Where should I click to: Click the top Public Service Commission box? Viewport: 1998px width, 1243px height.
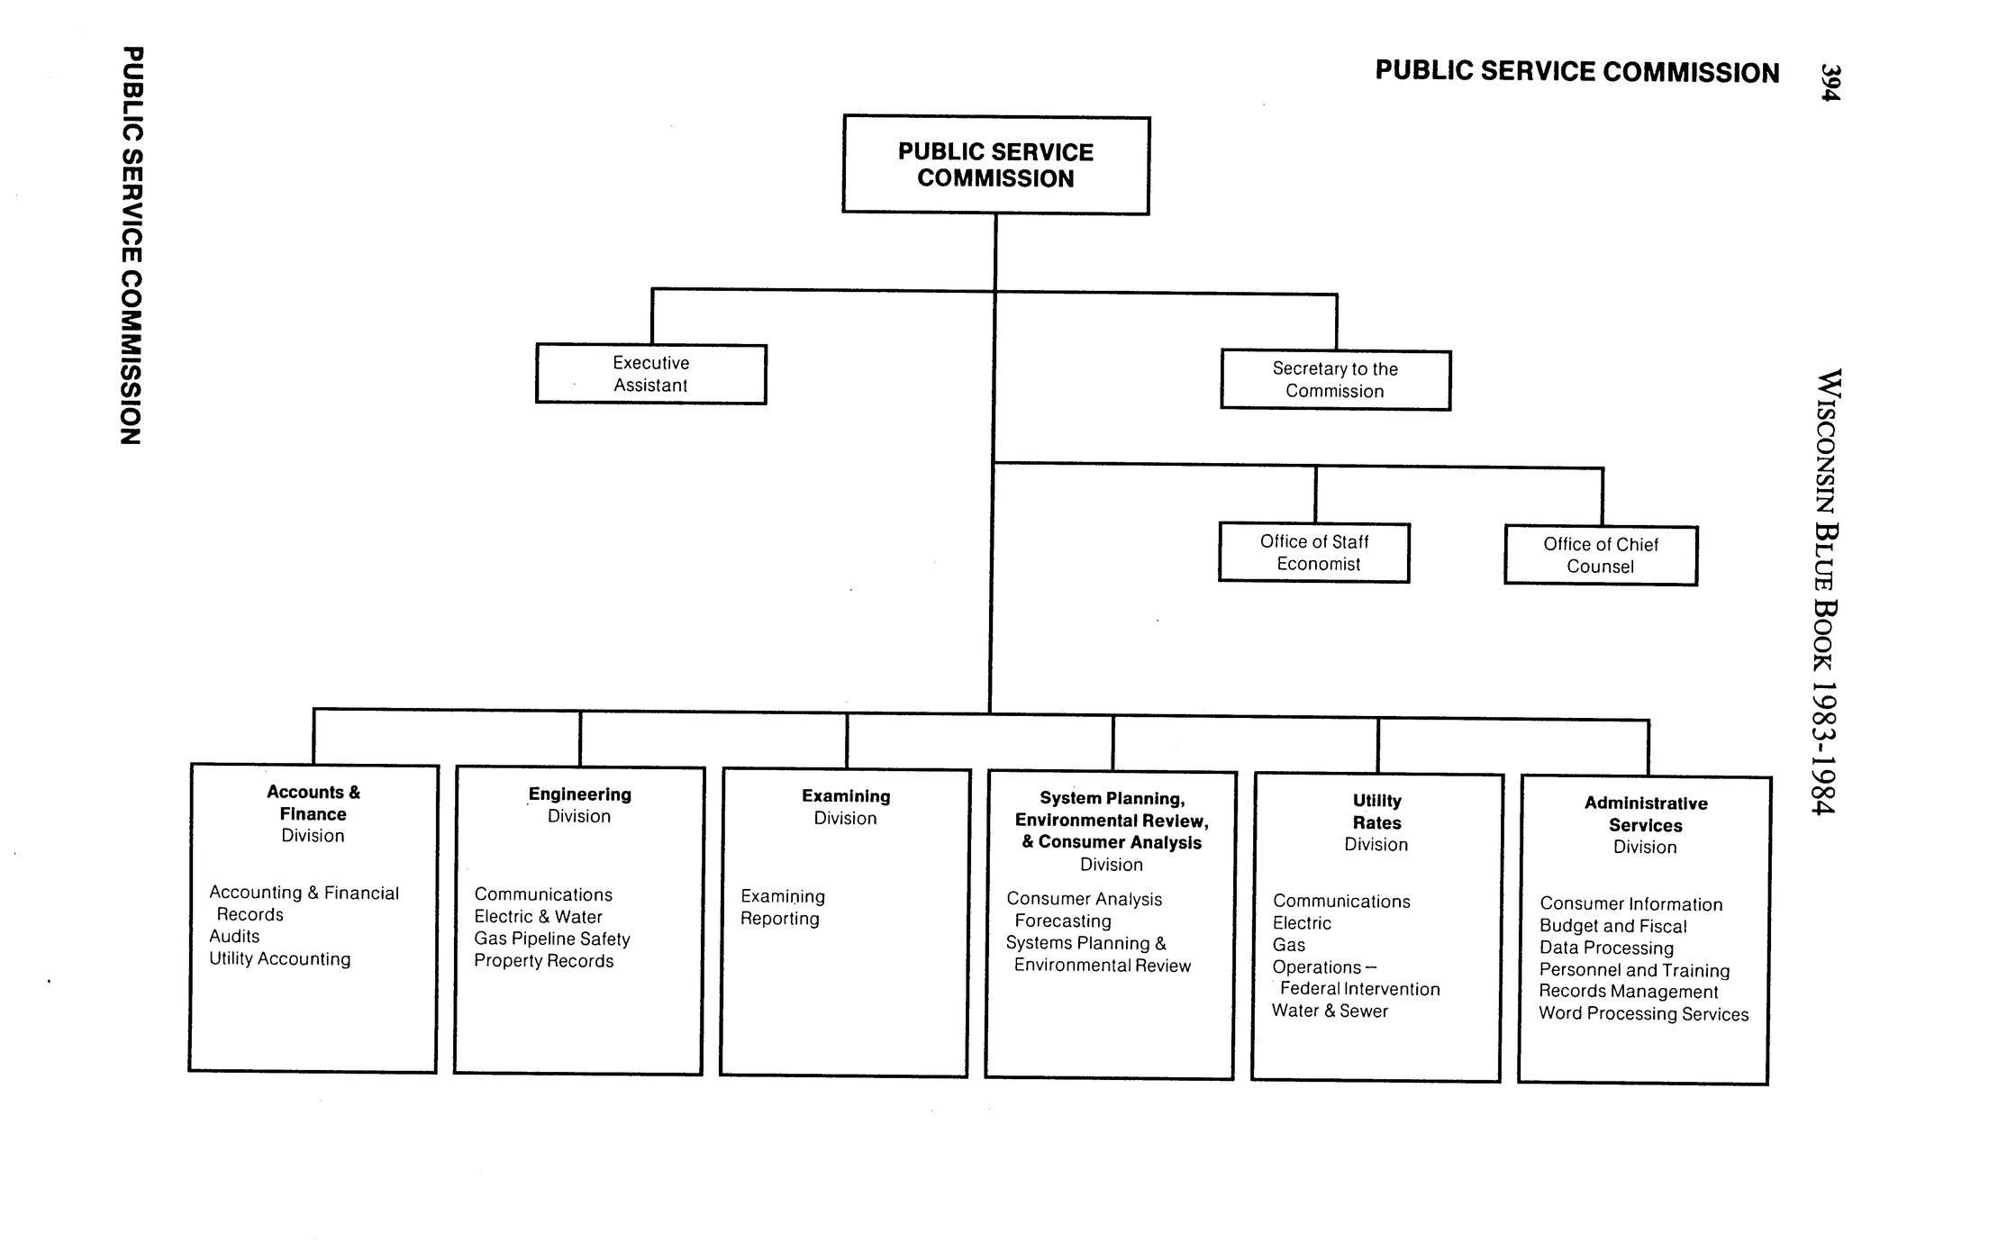995,165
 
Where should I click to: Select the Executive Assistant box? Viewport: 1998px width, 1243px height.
650,374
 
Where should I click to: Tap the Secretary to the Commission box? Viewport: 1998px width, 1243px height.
1335,380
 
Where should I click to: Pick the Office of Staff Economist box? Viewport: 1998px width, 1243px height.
1314,552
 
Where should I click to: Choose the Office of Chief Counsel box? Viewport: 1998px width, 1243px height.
1600,555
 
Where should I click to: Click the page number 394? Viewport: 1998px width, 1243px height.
1830,82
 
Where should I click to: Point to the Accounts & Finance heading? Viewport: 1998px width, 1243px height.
313,803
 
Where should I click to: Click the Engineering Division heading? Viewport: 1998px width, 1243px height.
579,804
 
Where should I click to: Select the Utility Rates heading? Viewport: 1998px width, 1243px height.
1376,812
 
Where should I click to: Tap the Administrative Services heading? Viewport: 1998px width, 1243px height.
1645,814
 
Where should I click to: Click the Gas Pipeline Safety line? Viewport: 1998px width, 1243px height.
551,939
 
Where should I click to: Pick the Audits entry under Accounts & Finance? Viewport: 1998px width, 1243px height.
234,937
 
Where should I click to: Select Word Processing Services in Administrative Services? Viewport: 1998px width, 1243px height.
1643,1013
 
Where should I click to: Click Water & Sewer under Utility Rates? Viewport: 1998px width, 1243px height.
1330,1011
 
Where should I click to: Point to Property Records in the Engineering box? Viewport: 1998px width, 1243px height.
543,961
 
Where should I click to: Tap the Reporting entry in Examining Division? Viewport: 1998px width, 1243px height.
779,919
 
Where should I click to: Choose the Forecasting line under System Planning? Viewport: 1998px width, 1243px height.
1062,921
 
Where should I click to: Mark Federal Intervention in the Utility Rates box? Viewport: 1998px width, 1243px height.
1359,989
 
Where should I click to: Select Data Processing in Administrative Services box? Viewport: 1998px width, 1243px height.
1606,948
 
